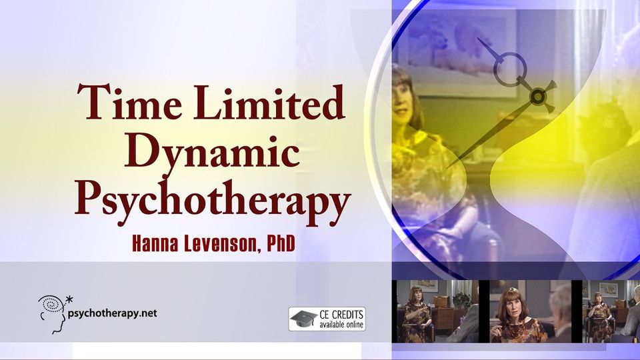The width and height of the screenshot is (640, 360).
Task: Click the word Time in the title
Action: coord(129,101)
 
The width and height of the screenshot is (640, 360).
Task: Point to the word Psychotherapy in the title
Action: coord(212,202)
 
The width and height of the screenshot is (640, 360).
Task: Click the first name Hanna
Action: coord(155,244)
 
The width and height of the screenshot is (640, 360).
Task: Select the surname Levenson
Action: coord(221,245)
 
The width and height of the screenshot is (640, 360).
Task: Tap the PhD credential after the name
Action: coord(281,244)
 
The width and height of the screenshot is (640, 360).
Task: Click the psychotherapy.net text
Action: coord(112,314)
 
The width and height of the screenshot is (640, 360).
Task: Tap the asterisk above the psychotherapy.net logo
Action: coord(69,300)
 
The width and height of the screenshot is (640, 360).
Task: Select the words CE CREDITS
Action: coord(341,315)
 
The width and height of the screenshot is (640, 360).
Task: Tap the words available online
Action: coord(341,325)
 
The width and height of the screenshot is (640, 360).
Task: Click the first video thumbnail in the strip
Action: coord(435,311)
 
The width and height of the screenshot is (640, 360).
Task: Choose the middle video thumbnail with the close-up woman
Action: coord(531,311)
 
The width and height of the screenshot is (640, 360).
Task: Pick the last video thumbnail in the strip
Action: coord(611,311)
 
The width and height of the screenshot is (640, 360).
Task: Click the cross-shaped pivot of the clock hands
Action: coord(539,96)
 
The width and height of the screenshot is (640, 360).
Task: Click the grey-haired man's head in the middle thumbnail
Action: coord(561,302)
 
